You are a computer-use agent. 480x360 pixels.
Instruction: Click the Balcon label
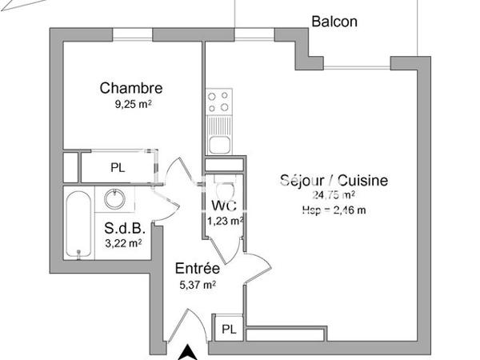coord(334,22)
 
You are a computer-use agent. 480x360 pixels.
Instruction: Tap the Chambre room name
coord(131,88)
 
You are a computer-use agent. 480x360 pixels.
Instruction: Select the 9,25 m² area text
coord(131,103)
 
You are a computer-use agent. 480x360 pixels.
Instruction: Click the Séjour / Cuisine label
coord(334,180)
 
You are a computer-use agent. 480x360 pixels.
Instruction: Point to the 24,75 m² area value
coord(334,195)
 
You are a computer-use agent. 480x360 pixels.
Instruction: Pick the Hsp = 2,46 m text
coord(334,210)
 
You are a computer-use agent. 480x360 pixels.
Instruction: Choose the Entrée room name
coord(197,269)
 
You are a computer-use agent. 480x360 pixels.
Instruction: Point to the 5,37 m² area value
coord(197,284)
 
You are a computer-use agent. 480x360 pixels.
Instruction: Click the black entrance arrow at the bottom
coord(188,350)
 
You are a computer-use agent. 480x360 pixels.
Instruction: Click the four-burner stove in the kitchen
coord(218,102)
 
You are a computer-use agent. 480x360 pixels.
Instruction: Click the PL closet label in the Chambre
coord(118,168)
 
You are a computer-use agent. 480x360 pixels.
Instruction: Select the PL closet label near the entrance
coord(229,329)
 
